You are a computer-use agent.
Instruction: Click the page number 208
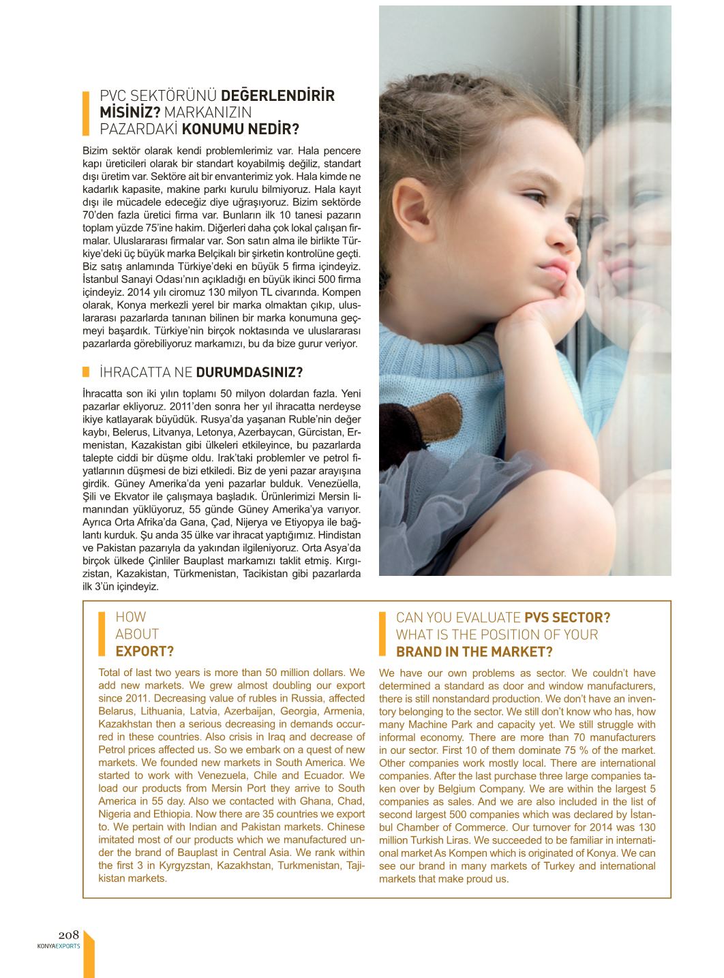click(69, 935)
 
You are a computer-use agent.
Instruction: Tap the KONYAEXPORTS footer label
click(59, 946)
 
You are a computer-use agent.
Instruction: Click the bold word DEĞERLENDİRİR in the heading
click(278, 95)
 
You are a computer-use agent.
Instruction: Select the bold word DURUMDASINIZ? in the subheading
click(250, 372)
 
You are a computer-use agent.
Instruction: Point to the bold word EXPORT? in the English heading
click(145, 652)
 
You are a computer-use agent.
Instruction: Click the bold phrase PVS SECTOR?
click(567, 617)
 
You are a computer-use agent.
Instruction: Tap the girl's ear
click(412, 208)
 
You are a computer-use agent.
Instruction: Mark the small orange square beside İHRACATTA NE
click(87, 371)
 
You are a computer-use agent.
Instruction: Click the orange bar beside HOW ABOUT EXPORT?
click(102, 634)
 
